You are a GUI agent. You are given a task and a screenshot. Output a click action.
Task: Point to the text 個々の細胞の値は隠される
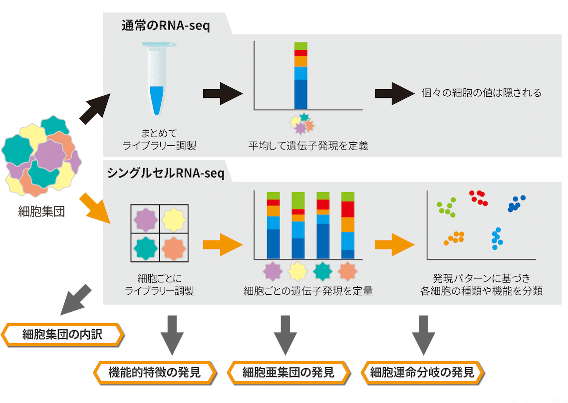(x=481, y=93)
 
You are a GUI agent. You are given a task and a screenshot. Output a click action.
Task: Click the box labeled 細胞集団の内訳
(x=62, y=335)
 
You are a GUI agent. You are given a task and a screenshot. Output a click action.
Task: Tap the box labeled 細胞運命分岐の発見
(x=422, y=372)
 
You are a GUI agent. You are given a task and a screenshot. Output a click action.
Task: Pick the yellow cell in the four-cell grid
(x=174, y=219)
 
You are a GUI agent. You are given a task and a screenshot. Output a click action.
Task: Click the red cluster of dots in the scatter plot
(x=479, y=198)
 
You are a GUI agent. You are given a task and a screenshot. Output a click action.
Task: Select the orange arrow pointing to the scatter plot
(x=395, y=244)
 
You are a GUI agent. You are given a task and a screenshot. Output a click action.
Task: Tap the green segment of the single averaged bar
(x=300, y=46)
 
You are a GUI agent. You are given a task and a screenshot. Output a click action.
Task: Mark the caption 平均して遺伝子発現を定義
(x=308, y=147)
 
